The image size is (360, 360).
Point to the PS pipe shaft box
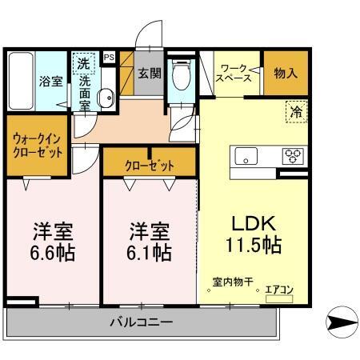(109, 58)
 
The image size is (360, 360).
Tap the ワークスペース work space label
(236, 74)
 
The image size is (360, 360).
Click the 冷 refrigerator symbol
(296, 114)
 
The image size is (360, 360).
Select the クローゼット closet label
(150, 165)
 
